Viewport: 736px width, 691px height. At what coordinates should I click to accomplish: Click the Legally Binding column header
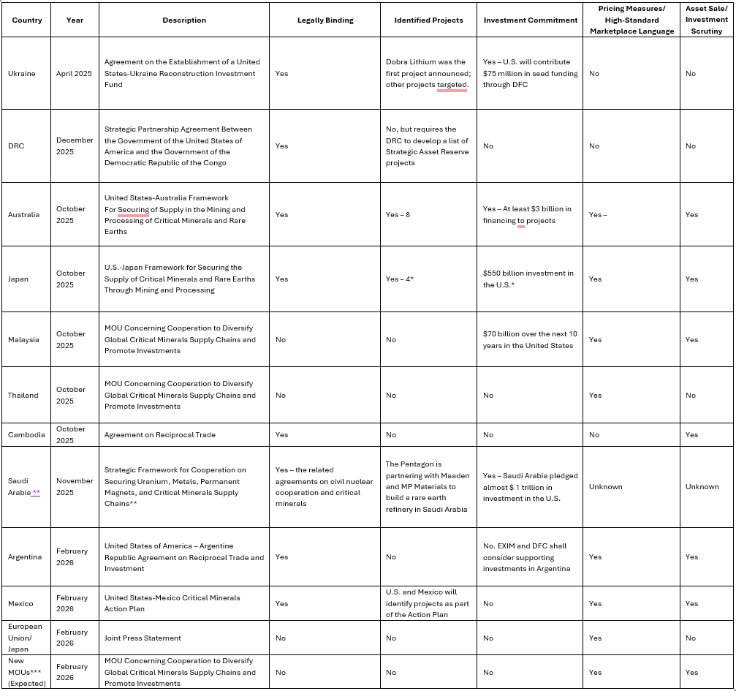point(325,20)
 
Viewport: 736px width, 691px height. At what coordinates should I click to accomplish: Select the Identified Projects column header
point(428,20)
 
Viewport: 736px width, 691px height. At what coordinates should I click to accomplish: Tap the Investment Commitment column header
point(530,20)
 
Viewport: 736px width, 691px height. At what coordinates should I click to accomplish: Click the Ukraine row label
point(21,74)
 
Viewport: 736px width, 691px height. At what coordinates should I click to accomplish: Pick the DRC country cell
point(16,146)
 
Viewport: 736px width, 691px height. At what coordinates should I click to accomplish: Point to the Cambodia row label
point(26,435)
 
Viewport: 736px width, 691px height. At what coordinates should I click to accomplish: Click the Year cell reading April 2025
point(75,74)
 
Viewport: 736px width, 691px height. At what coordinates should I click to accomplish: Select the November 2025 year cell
point(75,486)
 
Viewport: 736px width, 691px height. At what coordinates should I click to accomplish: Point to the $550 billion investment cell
point(528,279)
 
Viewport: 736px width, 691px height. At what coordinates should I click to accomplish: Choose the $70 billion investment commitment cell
point(530,339)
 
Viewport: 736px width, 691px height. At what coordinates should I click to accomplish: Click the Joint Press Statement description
point(143,638)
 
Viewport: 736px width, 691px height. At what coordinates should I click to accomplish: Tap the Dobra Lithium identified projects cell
point(428,74)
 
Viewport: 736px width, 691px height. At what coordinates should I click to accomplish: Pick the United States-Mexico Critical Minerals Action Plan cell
point(172,603)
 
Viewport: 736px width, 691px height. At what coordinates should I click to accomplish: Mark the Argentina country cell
point(24,557)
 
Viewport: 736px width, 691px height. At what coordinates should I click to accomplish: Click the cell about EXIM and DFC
point(528,557)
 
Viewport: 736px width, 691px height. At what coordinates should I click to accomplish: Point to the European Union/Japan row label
point(25,638)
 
